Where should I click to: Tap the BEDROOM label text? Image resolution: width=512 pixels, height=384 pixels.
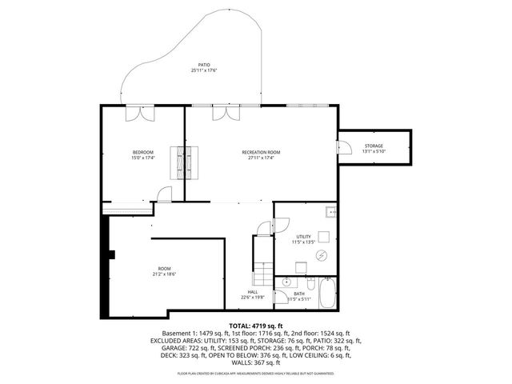[143, 154]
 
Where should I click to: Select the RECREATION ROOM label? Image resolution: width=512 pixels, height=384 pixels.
[261, 154]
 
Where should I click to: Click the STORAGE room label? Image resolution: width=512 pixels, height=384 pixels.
[374, 148]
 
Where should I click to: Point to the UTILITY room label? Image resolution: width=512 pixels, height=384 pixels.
[303, 238]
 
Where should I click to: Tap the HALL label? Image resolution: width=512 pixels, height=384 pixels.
[253, 294]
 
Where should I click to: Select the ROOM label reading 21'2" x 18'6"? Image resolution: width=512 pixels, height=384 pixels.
[164, 271]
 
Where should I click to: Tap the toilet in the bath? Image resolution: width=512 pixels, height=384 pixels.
[309, 283]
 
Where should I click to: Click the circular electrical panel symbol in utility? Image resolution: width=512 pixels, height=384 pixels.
[322, 255]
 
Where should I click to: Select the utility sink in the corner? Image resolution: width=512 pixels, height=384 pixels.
[330, 212]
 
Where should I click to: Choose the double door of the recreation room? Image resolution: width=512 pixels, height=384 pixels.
[225, 114]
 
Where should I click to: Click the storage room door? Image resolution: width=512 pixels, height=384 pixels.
[345, 148]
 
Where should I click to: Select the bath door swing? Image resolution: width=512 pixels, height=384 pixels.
[281, 298]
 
